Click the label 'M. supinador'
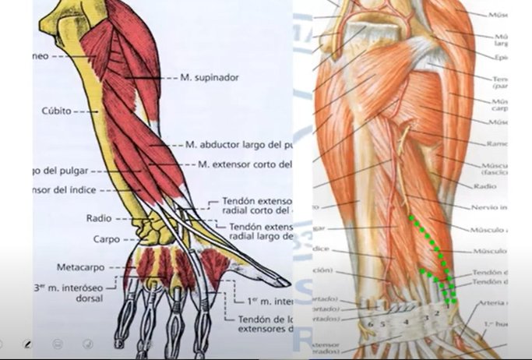coord(210,78)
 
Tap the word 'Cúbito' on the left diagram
coord(56,111)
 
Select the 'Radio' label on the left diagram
coord(98,219)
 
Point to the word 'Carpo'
coord(106,239)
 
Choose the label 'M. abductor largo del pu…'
coord(238,145)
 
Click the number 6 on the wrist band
coord(371,323)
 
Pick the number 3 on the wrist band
coord(426,319)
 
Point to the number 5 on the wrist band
coord(382,323)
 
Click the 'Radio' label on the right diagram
coord(484,186)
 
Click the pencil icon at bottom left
coord(27,344)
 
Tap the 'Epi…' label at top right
coord(500,57)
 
